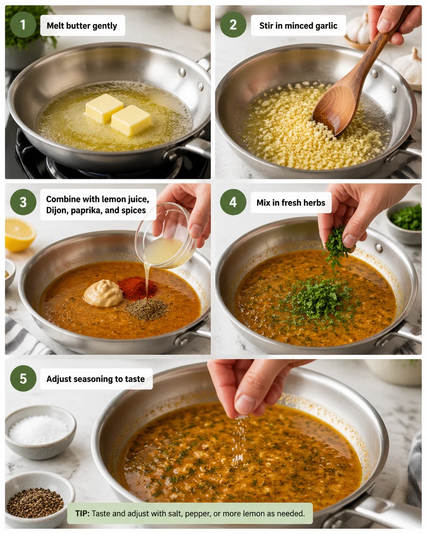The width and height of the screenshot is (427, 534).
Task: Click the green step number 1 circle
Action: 23,24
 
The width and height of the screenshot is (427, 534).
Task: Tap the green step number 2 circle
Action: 233,24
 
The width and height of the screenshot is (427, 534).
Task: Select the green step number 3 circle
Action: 23,202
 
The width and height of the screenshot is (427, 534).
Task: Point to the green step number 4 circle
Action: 233,202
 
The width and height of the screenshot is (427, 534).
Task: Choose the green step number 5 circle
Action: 23,378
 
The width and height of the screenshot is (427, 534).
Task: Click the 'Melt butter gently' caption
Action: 82,25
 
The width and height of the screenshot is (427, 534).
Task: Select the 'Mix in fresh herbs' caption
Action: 291,203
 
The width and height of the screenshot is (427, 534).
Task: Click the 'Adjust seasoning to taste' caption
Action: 96,379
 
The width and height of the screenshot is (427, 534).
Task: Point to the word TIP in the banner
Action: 82,514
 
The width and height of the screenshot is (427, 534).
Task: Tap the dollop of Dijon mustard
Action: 103,294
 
